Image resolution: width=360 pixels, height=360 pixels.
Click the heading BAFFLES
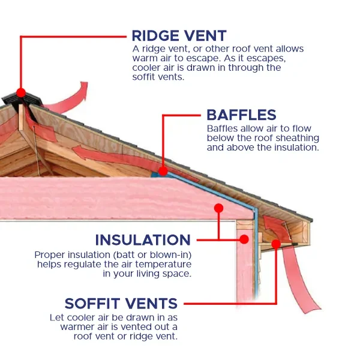tap(241, 115)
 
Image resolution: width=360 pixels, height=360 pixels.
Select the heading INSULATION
tap(143, 240)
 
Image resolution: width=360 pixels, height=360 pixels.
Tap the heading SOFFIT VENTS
tap(121, 303)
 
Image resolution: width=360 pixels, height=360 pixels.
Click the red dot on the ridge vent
tap(21, 93)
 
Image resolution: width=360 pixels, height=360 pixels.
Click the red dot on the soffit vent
tap(275, 243)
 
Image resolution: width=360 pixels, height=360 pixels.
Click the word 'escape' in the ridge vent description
tap(225, 58)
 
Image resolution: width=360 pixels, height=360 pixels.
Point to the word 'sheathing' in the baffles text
tap(298, 138)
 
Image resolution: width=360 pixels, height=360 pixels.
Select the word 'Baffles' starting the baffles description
tap(221, 129)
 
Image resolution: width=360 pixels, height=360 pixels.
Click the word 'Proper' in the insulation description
tap(50, 255)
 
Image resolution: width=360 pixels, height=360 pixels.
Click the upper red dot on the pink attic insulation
tap(218, 208)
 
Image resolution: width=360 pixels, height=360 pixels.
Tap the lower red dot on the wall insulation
tap(244, 239)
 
